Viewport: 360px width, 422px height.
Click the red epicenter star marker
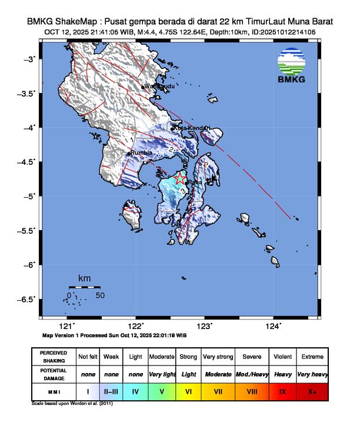(x=181, y=179)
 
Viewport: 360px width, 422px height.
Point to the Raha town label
(x=195, y=183)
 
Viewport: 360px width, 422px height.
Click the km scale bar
(x=84, y=287)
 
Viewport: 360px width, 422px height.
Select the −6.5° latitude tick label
(x=26, y=299)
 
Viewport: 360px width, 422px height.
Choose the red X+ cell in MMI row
(x=312, y=390)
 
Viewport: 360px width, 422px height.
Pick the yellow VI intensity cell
(x=188, y=390)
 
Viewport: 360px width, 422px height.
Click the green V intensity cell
(x=162, y=390)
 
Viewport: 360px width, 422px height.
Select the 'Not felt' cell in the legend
(x=88, y=357)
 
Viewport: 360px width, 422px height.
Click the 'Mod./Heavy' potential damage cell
(x=252, y=374)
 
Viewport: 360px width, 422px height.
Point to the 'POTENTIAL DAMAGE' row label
(x=54, y=374)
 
